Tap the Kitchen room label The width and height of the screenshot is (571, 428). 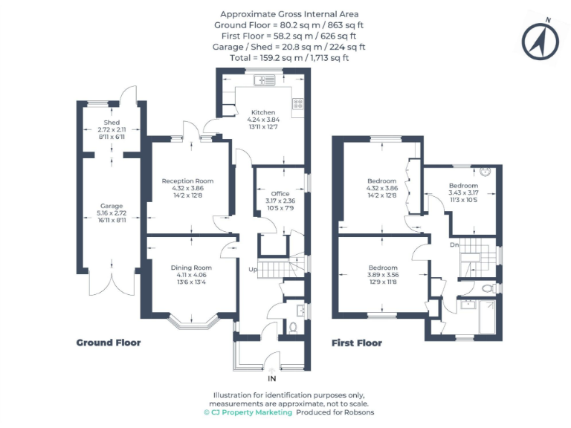(263, 112)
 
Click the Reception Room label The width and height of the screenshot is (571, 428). (187, 181)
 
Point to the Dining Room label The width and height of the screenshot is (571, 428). (192, 267)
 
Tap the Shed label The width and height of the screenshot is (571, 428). (112, 123)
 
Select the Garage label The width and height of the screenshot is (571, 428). (112, 206)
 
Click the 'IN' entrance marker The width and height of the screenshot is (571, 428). (271, 378)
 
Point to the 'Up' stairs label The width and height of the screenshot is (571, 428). (253, 269)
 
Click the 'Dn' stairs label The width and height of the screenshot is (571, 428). (454, 244)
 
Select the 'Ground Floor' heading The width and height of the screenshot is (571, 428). (109, 343)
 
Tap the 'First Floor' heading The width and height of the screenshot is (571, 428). (357, 343)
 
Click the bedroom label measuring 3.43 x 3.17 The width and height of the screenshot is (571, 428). (463, 185)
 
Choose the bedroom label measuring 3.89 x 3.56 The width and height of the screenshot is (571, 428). (383, 267)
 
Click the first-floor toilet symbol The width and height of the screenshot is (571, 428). (487, 288)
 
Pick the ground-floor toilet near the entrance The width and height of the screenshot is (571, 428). (292, 327)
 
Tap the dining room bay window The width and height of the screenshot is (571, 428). (192, 322)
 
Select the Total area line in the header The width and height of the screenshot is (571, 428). (289, 57)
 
